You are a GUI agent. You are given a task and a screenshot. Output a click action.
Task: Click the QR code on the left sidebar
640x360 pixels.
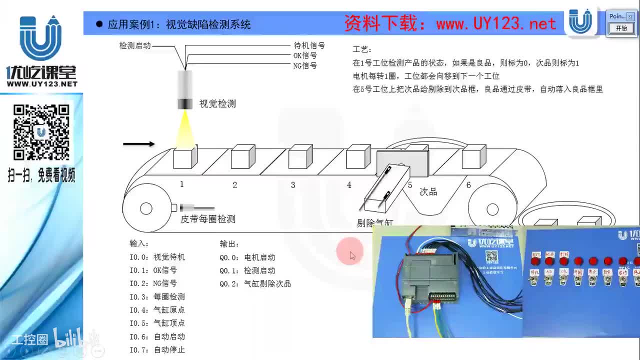coord(41,132)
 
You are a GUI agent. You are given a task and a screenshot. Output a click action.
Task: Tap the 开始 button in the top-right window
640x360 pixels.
coord(621,28)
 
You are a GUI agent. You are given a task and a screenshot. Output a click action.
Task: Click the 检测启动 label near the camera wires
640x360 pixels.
coord(135,45)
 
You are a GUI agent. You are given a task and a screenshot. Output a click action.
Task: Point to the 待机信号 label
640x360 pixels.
coord(309,45)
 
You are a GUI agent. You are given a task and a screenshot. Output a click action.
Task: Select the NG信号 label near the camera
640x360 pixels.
coord(305,65)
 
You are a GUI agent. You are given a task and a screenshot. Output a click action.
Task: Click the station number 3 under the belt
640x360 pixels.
coord(293,185)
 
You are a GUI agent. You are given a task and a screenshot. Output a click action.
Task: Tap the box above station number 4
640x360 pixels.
coord(358,156)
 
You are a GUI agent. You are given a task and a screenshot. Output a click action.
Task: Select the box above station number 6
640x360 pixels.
coord(473,156)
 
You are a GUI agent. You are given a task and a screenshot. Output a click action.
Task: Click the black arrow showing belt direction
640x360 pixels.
coord(139,144)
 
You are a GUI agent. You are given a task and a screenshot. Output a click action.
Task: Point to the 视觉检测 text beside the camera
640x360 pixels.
coord(217,104)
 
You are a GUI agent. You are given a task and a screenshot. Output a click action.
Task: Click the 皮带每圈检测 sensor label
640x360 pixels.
coord(207,219)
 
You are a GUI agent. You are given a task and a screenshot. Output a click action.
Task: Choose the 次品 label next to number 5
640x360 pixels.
coord(428,191)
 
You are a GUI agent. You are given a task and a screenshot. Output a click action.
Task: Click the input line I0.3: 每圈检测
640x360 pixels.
coord(157,297)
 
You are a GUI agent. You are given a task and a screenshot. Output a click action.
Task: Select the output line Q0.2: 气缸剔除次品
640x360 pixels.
coord(255,284)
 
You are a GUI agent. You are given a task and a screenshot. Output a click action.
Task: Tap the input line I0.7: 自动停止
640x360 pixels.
coord(157,350)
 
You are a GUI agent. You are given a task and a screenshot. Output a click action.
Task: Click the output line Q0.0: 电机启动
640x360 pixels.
coord(247,257)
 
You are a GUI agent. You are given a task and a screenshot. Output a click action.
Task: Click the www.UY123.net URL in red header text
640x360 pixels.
coord(495,23)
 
